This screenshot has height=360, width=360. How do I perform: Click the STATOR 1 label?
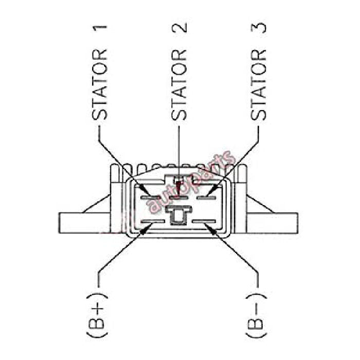[x=99, y=73]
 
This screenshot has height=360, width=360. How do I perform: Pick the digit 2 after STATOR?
[x=179, y=28]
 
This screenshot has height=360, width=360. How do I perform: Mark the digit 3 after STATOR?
[x=259, y=28]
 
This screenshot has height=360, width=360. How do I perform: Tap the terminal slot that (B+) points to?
[x=153, y=222]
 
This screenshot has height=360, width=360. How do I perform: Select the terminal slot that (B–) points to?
[x=204, y=222]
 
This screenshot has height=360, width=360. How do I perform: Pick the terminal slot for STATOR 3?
[x=207, y=197]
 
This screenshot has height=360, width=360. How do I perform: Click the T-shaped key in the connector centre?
[x=178, y=215]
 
